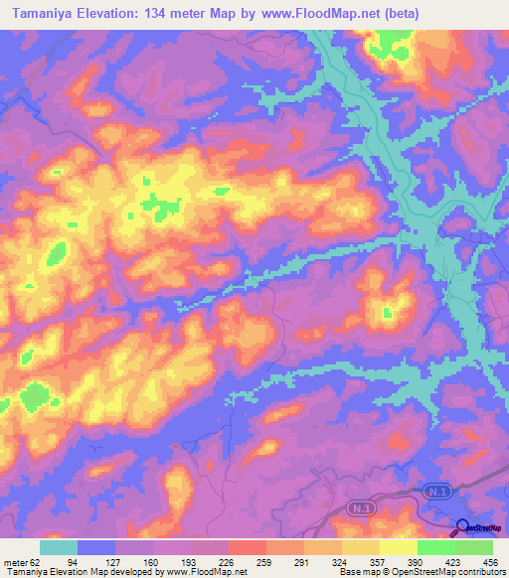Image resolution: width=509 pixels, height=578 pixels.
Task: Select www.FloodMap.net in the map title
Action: coord(309,14)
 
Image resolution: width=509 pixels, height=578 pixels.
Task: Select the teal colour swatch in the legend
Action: coord(59,548)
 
